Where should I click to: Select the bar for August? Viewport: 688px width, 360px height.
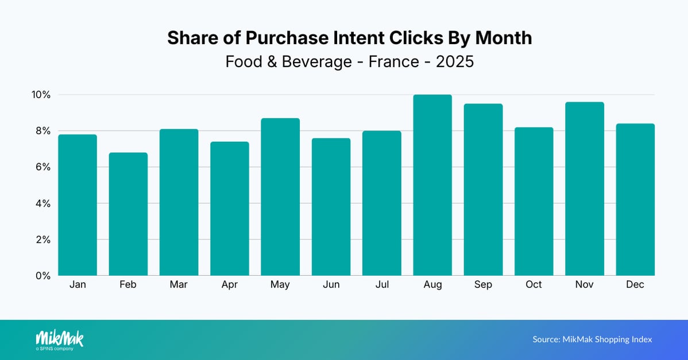(432, 185)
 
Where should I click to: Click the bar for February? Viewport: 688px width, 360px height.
(128, 214)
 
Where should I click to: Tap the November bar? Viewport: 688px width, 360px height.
(585, 188)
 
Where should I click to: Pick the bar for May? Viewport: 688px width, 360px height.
(280, 196)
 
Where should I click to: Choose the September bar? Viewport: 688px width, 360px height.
(483, 189)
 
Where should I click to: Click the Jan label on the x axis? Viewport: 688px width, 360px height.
(78, 285)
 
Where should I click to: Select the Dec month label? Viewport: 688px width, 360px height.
(635, 285)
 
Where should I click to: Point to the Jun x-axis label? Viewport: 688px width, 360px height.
(331, 285)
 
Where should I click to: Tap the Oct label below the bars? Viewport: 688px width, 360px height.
(534, 285)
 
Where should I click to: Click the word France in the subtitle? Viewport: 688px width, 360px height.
(393, 61)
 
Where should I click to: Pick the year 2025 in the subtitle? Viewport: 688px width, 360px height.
(455, 61)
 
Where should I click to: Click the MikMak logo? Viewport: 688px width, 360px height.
(59, 339)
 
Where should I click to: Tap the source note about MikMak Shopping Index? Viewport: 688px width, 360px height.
(592, 339)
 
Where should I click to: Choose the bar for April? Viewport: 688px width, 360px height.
(230, 208)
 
